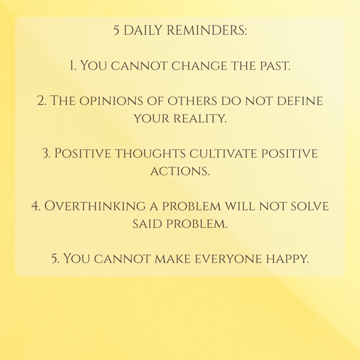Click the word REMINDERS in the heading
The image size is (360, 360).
click(207, 30)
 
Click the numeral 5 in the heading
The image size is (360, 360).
click(116, 31)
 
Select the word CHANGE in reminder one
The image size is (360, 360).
click(199, 66)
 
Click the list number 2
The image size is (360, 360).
click(42, 101)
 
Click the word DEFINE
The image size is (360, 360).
click(300, 101)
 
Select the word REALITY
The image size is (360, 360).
click(200, 119)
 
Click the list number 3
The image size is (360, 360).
click(47, 153)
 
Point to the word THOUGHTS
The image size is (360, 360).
click(150, 153)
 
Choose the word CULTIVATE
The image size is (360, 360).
click(223, 153)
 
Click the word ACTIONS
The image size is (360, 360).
click(180, 171)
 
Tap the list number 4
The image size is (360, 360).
click(36, 205)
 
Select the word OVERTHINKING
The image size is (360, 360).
click(95, 205)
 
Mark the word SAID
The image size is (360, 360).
click(147, 224)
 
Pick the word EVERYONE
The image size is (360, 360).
click(228, 259)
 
